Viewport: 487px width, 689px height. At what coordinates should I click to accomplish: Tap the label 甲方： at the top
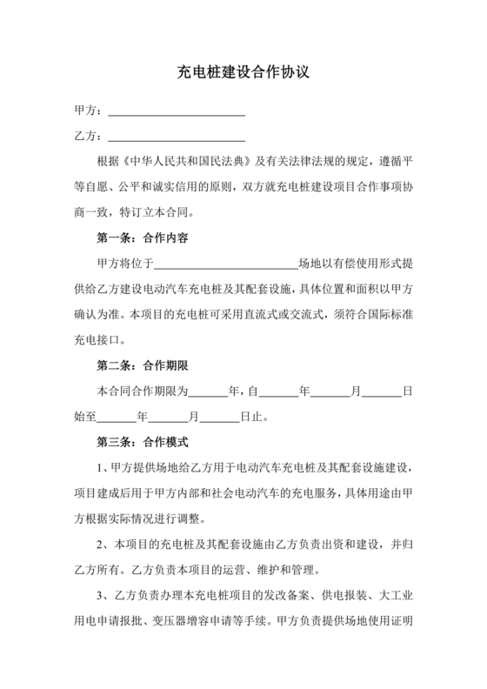coord(89,112)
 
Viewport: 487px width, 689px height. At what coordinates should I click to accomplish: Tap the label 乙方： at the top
coord(89,137)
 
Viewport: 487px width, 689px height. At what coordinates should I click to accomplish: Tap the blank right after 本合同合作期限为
coord(206,391)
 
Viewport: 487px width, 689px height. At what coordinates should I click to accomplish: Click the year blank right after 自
coord(278,391)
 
